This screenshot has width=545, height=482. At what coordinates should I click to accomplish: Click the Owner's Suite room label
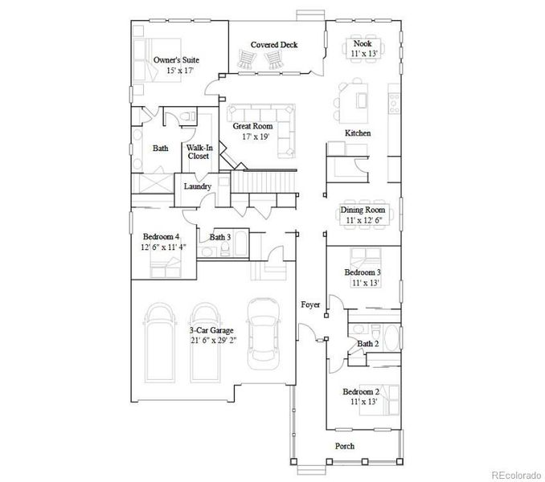coord(176,59)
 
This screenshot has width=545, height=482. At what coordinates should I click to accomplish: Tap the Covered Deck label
coord(274,45)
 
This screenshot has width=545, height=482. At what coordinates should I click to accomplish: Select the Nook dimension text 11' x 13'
coord(364,54)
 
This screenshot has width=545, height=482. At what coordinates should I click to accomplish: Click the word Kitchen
coord(358,133)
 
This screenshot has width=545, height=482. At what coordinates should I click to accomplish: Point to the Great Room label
coord(252,126)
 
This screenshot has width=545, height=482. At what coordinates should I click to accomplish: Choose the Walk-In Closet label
coord(199,152)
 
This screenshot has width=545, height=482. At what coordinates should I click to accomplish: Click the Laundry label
coord(198,186)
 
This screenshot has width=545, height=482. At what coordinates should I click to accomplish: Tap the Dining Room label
coord(363,210)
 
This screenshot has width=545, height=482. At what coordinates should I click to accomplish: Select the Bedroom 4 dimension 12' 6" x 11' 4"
coord(164,247)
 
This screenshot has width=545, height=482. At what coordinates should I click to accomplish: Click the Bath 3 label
coord(220,237)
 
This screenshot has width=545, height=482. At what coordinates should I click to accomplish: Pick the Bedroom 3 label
coord(363,272)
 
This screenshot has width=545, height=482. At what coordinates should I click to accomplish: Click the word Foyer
coord(310,304)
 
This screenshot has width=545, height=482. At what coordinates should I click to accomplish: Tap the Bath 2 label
coord(368,344)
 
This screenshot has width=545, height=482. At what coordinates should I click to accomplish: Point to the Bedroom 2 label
coord(361,392)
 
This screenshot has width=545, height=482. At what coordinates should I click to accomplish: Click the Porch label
coord(345,446)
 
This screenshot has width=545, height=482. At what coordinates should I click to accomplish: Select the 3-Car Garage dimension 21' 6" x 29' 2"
coord(213,341)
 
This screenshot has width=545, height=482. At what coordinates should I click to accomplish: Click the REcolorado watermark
coord(516,474)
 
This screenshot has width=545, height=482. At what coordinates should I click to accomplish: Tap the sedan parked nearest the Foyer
coord(263,334)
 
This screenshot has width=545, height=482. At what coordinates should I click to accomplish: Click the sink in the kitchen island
coord(362,100)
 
